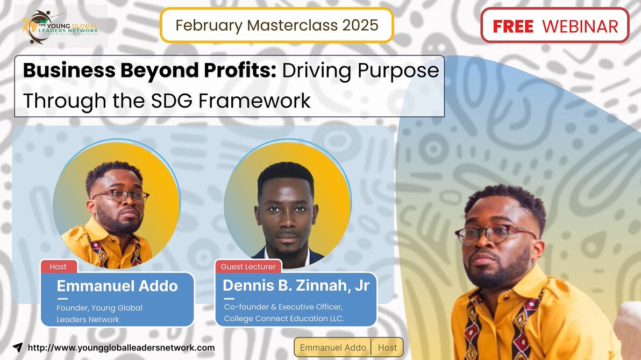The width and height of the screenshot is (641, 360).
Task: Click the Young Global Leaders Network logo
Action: coord(60,26)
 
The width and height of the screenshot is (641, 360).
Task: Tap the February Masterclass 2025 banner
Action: coord(276,25)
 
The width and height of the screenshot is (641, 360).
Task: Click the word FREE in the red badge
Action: coord(512,26)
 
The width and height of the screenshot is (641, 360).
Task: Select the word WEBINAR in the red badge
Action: coord(580,26)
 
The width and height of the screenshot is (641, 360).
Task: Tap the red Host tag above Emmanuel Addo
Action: coord(58,267)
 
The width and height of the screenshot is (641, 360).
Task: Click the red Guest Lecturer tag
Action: coord(248,267)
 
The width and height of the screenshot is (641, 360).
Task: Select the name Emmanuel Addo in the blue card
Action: coord(117,286)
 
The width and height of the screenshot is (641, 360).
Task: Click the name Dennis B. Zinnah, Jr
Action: coord(296,286)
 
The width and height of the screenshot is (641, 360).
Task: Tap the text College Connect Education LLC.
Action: coord(284,319)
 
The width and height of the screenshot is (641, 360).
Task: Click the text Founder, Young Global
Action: coord(99,308)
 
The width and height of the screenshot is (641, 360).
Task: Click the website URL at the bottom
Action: coord(121,348)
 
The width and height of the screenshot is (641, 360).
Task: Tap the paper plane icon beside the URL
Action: coord(18,348)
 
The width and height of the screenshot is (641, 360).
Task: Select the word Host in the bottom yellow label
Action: coord(387,348)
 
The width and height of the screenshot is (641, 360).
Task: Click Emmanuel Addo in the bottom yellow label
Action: coord(333,348)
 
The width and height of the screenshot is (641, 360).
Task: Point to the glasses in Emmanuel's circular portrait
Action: coord(120,196)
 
